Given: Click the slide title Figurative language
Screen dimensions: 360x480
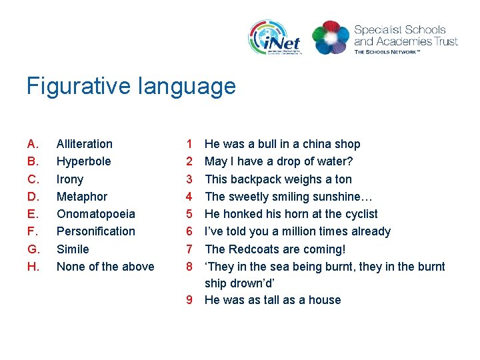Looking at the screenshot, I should [x=131, y=86].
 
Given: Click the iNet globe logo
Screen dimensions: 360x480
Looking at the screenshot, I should [x=275, y=37].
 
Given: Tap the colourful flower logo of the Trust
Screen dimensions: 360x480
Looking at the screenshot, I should [x=330, y=37].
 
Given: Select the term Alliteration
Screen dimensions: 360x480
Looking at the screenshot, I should [x=85, y=144].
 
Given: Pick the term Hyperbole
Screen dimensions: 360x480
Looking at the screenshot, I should [x=84, y=161].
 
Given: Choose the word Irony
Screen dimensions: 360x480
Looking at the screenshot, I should [x=70, y=179].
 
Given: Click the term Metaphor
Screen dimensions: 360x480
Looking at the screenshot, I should [x=82, y=197].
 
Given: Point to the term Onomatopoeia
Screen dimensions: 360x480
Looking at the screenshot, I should [x=96, y=214].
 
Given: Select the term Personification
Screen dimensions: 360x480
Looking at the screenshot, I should [x=96, y=231].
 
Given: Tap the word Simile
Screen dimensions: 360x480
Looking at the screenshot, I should [x=73, y=249].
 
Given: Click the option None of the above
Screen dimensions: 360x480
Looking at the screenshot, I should [x=105, y=267].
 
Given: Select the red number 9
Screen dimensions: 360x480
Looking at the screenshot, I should [x=189, y=300].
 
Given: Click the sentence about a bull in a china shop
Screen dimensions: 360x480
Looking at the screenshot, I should [x=282, y=144].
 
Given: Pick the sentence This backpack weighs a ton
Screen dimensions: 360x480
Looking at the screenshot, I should [x=278, y=179].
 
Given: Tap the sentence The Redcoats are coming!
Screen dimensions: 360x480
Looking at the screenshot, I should [x=275, y=249].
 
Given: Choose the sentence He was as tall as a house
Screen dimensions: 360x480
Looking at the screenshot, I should [x=273, y=300].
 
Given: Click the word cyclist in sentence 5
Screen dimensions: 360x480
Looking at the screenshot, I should [x=359, y=214].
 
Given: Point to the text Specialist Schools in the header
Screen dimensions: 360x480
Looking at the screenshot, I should [x=400, y=30].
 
